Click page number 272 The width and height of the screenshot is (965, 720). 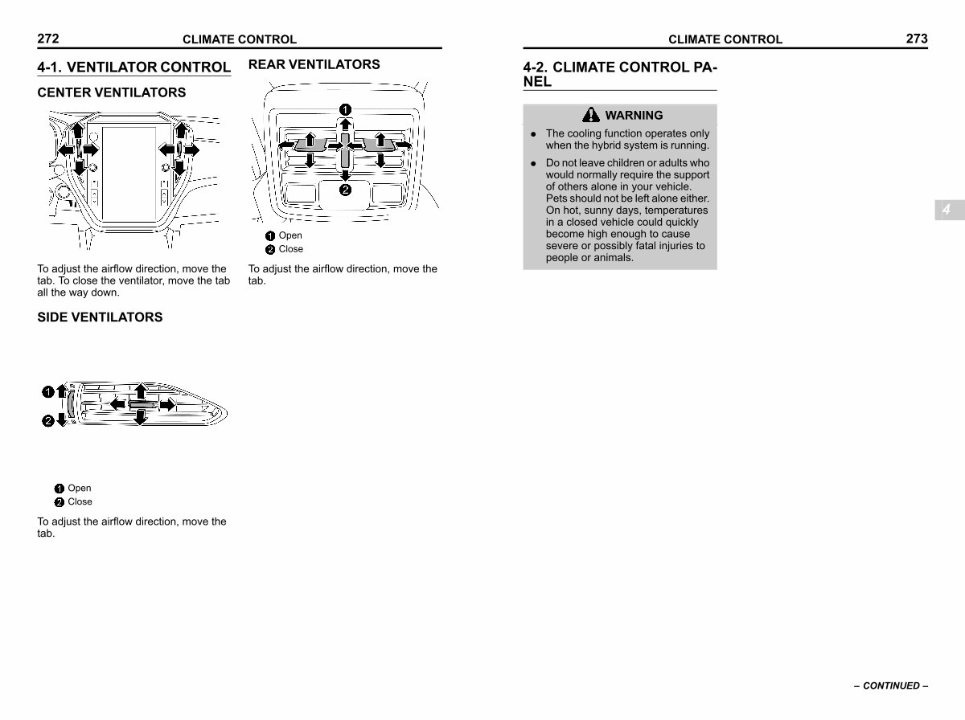coord(48,39)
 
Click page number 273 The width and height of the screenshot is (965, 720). coord(917,39)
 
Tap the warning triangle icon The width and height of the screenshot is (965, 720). coord(591,115)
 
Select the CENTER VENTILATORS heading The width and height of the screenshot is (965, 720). coord(112,92)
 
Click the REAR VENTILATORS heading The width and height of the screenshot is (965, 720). coord(314,64)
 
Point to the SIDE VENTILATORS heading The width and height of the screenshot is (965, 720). coord(100,317)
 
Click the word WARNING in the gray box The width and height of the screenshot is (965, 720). coord(634,115)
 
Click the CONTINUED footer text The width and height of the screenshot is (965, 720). coord(891,685)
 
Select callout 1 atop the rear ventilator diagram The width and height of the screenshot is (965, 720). coord(346,109)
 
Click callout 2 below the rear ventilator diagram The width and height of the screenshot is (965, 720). coord(346,190)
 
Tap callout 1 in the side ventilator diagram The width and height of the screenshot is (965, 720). coord(48,391)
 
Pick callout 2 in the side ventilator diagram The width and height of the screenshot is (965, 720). coord(48,421)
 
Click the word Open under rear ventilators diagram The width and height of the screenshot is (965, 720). coord(290,235)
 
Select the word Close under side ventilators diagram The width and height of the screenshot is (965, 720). coord(80,501)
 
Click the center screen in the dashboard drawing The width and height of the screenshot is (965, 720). coord(129,174)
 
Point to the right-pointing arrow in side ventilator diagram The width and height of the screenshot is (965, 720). coord(167,404)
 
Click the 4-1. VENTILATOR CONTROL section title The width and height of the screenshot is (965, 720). coord(134,67)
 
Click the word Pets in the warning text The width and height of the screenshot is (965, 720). coord(556,198)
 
